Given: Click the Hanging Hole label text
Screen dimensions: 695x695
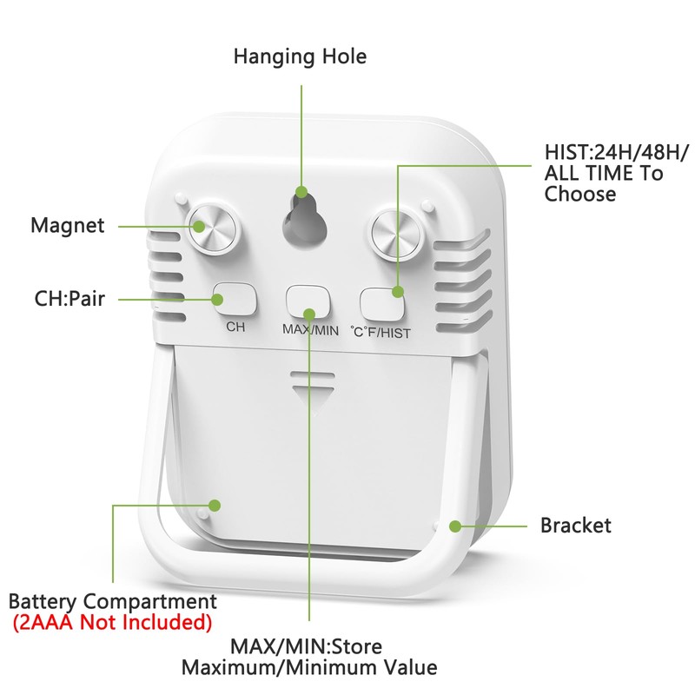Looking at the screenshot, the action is point(300,57).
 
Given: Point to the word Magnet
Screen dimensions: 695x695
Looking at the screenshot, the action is point(68,226).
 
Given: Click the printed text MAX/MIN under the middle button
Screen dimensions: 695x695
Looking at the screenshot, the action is point(310,330).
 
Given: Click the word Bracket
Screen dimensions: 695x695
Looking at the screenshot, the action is point(576,526).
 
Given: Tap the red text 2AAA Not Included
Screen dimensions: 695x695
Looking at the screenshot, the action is point(112,622).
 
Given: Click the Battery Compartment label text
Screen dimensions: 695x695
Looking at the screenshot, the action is point(112,601).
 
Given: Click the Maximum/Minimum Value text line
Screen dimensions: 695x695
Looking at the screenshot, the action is point(309,668).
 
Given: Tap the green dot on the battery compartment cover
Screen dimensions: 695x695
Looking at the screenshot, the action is point(214,505).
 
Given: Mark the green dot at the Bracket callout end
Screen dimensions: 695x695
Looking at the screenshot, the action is point(454,526).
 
